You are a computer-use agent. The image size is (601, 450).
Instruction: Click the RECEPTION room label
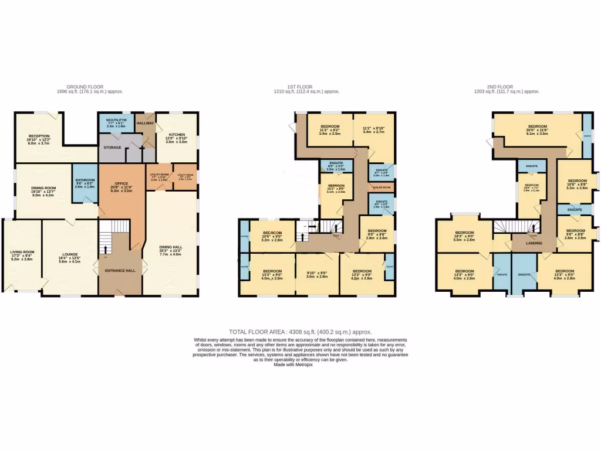coord(39,136)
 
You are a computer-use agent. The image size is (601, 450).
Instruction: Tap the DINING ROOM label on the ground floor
coord(42,188)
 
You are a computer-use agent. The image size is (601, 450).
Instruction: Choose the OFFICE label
coord(120,183)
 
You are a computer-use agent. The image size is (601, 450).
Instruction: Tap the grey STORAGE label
coord(112,147)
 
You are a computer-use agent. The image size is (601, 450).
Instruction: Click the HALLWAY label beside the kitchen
coord(145,123)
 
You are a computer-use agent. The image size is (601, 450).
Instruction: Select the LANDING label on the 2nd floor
coord(534,243)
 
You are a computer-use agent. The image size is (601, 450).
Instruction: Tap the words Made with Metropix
coord(300,365)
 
